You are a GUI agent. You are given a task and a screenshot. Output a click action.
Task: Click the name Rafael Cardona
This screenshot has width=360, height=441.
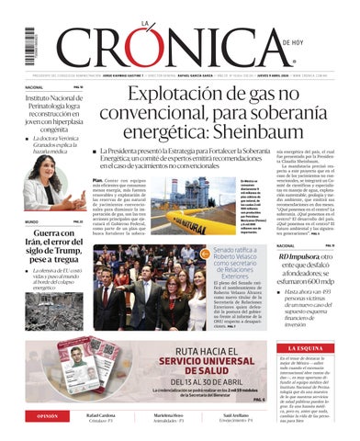pyautogui.click(x=100, y=415)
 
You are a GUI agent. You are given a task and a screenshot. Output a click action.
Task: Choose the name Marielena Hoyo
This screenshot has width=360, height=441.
pyautogui.click(x=180, y=415)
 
